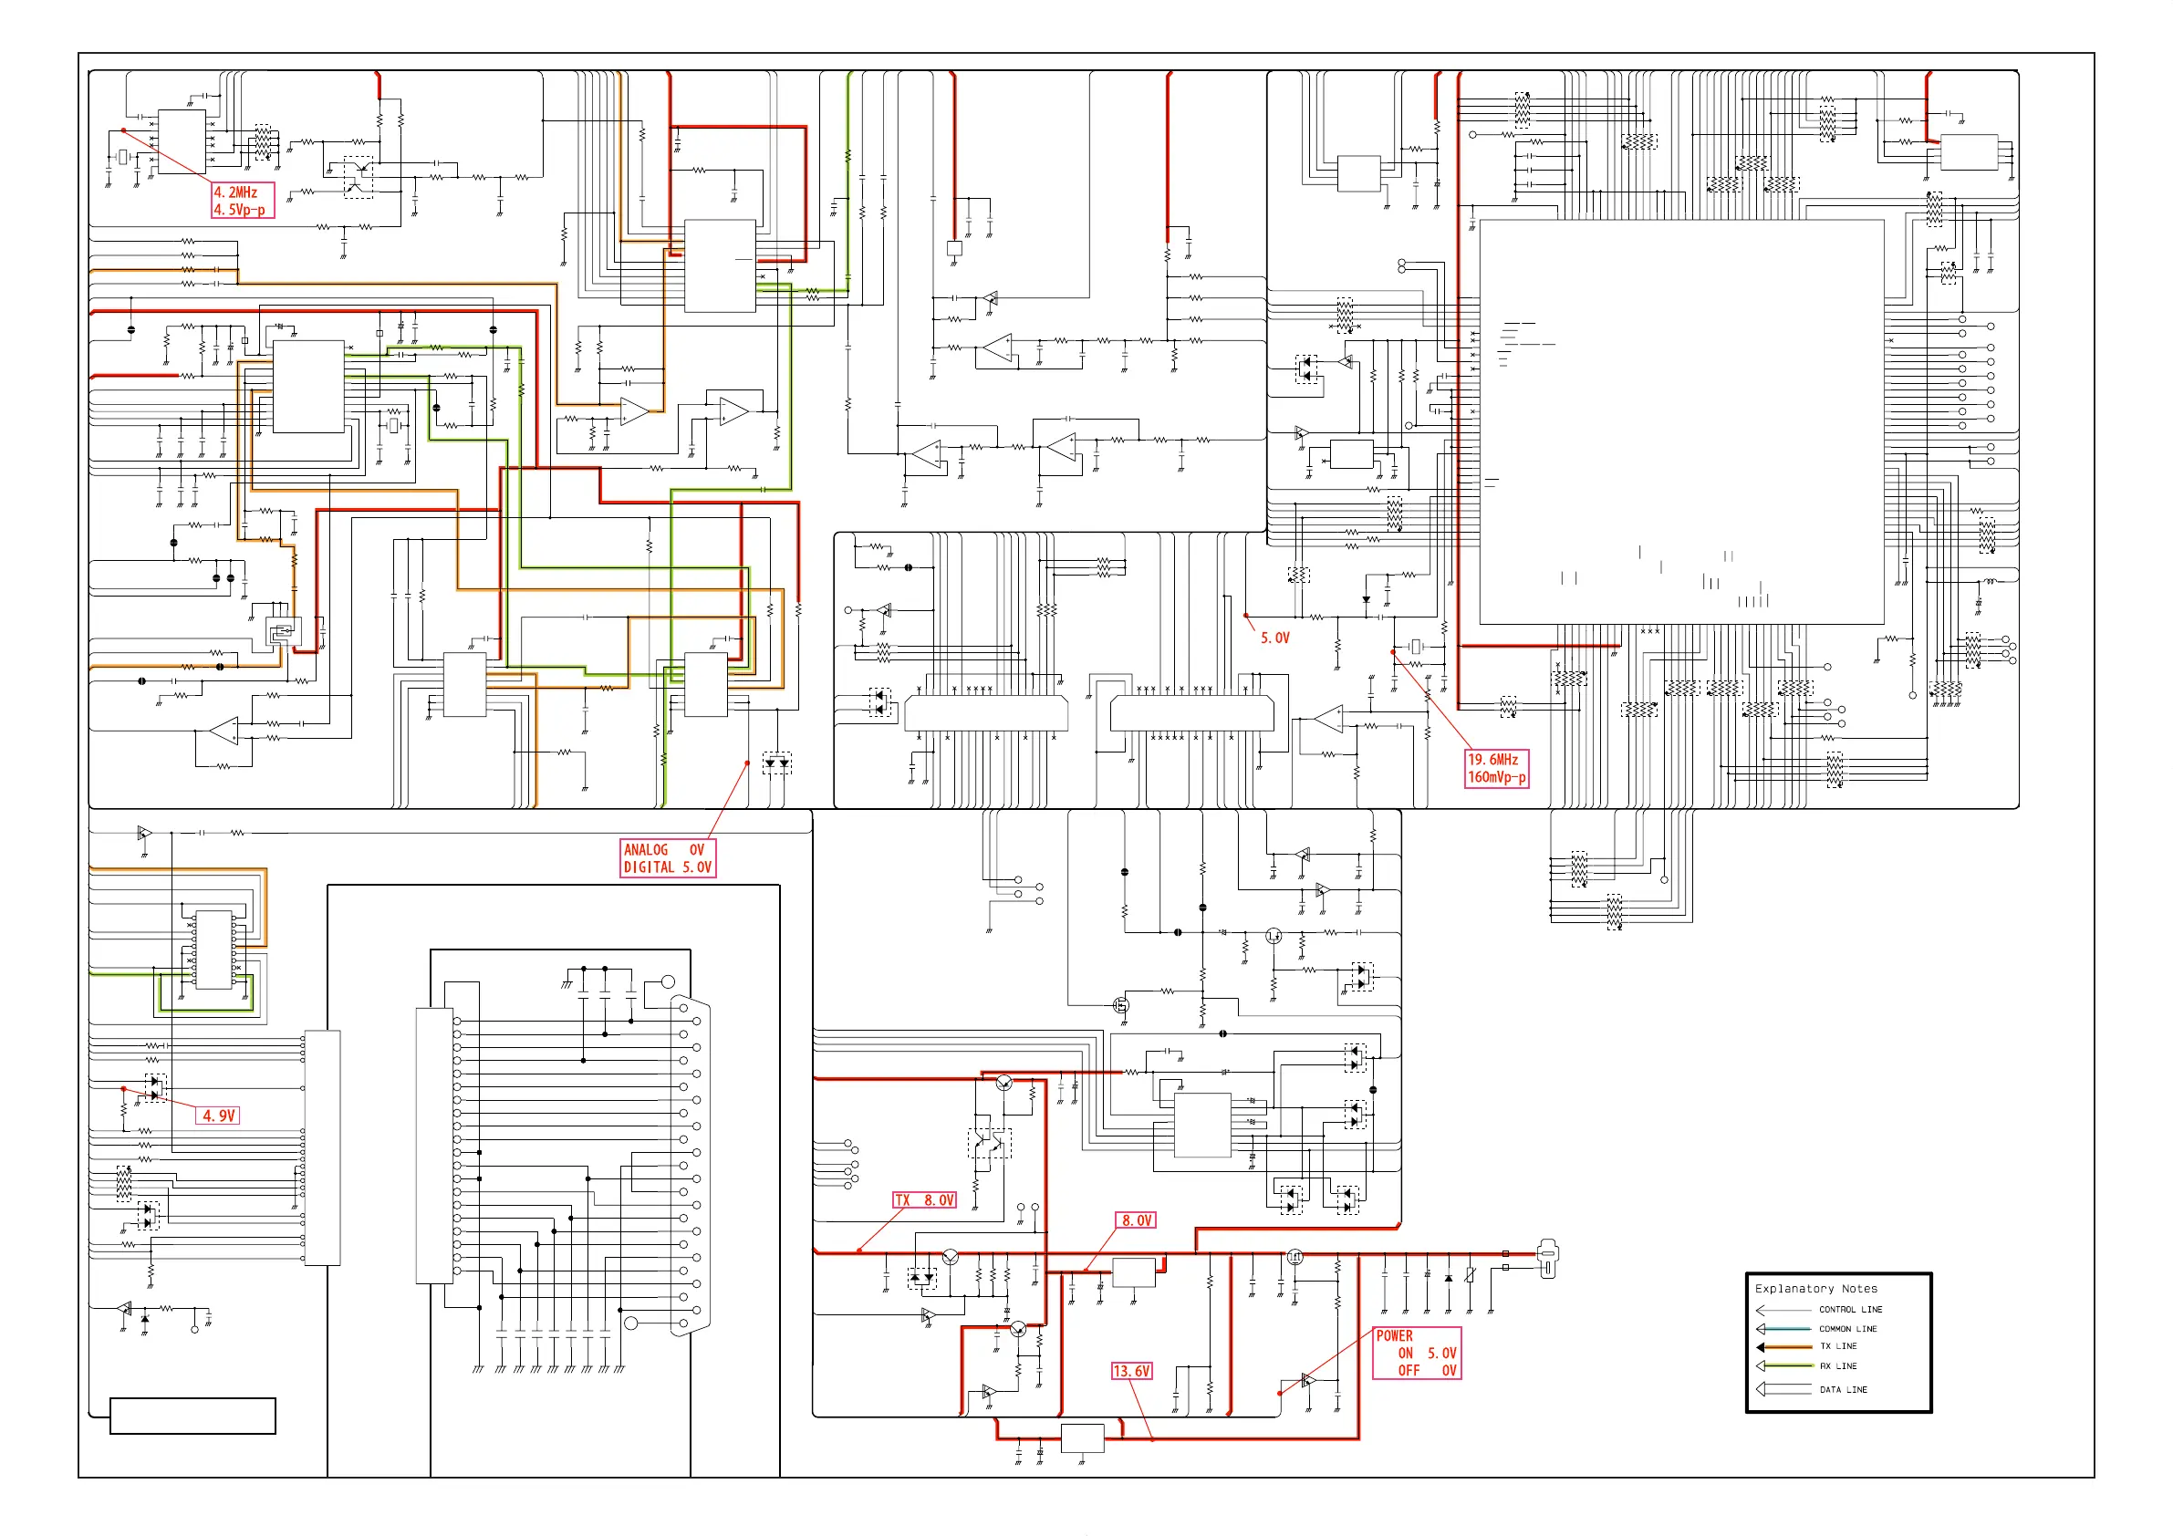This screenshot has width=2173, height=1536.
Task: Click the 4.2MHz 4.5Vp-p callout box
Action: click(243, 201)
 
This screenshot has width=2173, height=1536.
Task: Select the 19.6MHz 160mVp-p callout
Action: click(1495, 769)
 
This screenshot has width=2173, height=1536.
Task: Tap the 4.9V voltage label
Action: click(219, 1116)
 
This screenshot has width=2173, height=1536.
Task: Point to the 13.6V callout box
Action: click(1132, 1371)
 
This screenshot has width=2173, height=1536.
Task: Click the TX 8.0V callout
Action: click(925, 1200)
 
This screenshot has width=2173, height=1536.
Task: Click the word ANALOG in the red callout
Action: click(646, 850)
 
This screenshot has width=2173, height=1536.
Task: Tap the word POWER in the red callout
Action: click(1394, 1336)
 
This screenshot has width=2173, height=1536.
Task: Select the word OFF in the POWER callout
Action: click(1409, 1370)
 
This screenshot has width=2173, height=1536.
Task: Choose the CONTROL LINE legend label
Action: click(1850, 1310)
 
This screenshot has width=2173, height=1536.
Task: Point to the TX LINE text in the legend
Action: click(1838, 1345)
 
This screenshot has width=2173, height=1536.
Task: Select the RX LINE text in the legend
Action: click(1838, 1366)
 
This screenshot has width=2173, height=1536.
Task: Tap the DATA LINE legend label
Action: click(1843, 1390)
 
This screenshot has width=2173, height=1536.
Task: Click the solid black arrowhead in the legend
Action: click(1761, 1346)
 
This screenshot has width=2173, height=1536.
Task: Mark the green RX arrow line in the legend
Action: click(1784, 1365)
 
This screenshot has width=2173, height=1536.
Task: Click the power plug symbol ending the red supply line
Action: click(1546, 1258)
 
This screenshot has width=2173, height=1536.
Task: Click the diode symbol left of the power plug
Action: click(1448, 1279)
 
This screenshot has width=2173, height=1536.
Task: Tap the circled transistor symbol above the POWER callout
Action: click(1294, 1257)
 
